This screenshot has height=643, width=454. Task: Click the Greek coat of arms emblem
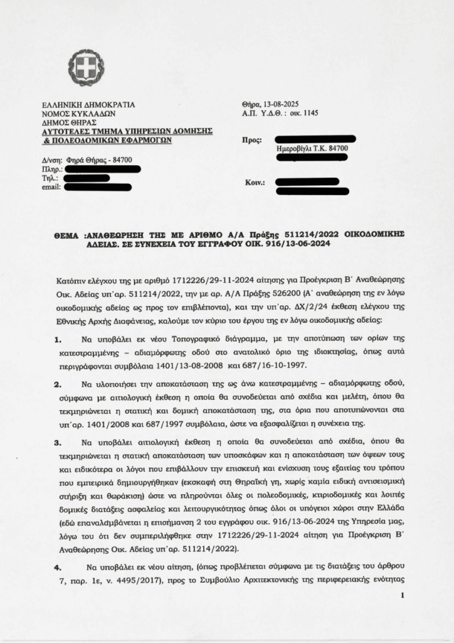click(x=87, y=68)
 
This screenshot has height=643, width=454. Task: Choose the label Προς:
click(x=251, y=141)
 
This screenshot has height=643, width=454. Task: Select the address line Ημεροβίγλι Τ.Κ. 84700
click(x=312, y=148)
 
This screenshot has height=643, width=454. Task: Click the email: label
click(x=51, y=187)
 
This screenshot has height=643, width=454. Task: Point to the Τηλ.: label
click(x=49, y=178)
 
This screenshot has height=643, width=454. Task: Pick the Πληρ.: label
click(x=51, y=170)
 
